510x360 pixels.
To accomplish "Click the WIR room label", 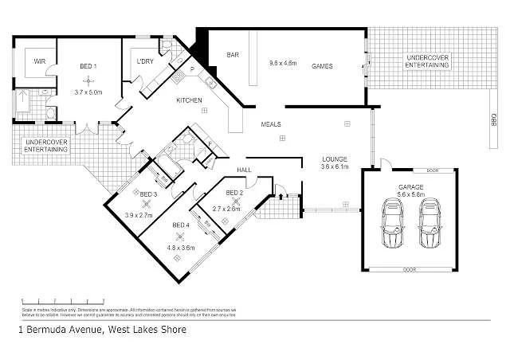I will [x=38, y=61].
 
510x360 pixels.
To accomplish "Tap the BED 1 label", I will [x=88, y=66].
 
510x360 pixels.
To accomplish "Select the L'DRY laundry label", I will [x=144, y=61].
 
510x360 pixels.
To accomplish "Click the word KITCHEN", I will [x=189, y=100].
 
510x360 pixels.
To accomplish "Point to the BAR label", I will [x=233, y=55].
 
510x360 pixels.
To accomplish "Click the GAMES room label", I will [x=322, y=66].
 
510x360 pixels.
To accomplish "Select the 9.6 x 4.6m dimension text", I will [x=283, y=62].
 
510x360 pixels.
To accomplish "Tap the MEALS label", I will [x=271, y=124].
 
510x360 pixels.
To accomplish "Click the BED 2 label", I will [x=234, y=193].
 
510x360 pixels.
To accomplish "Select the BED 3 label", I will [x=149, y=194].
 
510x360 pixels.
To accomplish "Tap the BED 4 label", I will [x=181, y=225].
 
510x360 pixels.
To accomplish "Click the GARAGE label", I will [x=411, y=186].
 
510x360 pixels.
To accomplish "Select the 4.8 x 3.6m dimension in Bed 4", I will [x=181, y=247].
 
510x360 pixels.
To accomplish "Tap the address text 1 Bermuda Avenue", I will [x=61, y=328].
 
